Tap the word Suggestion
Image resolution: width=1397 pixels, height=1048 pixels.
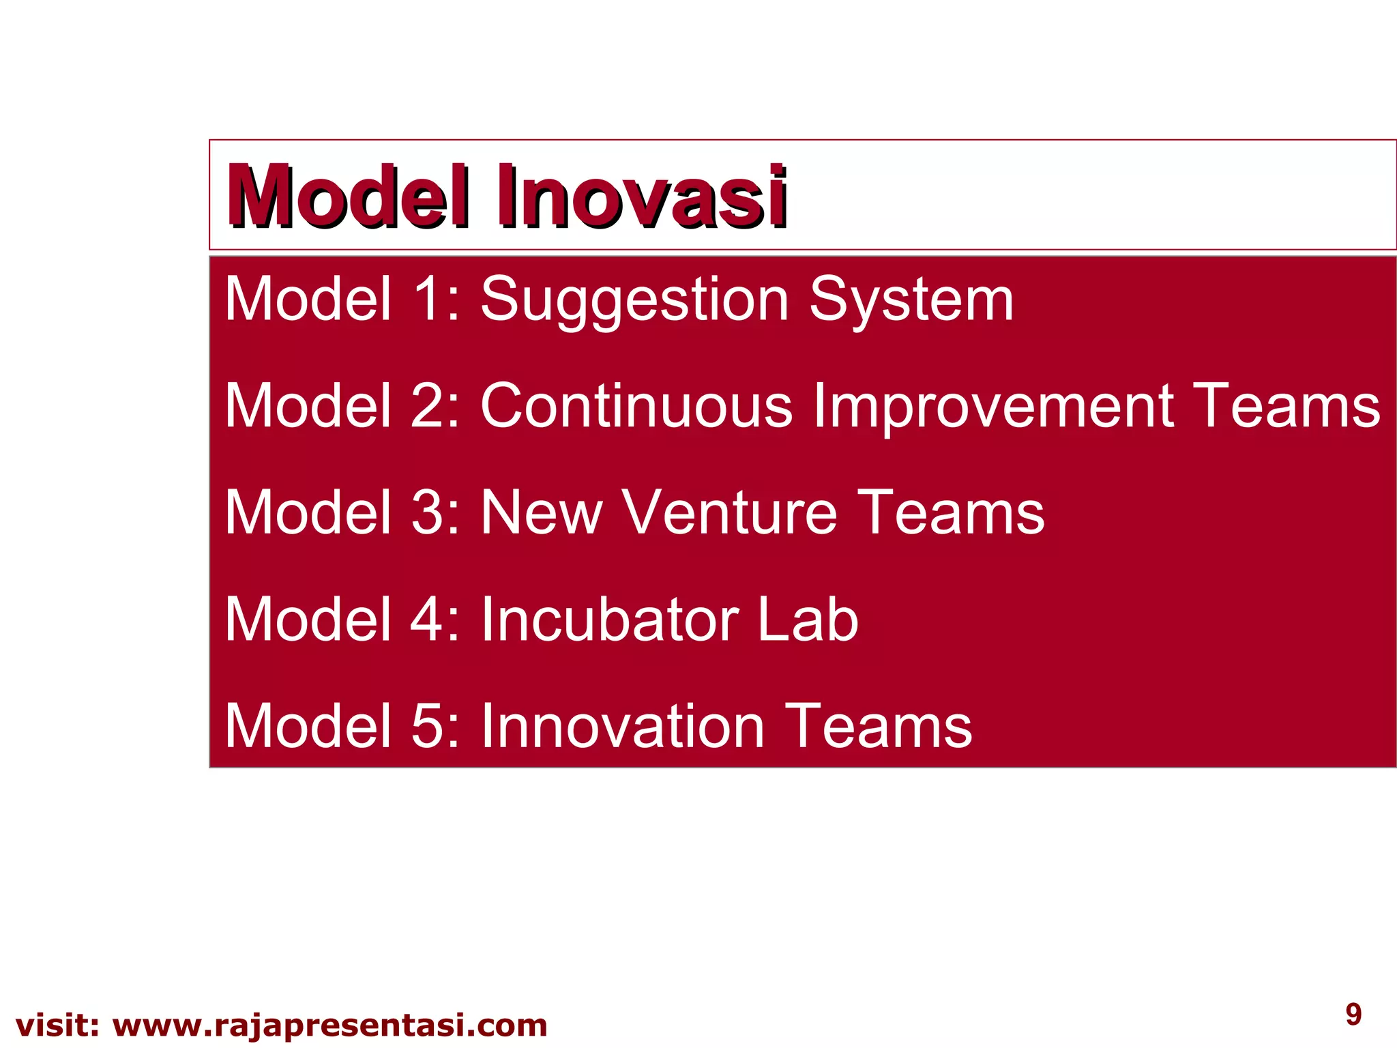pos(634,300)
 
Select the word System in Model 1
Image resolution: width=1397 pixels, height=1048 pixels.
pos(911,300)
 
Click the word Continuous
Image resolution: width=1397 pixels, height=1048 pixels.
pos(636,406)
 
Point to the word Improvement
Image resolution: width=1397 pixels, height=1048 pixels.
pos(992,406)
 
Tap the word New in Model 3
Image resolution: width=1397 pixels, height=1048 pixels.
pos(542,512)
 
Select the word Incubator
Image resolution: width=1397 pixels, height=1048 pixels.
pos(609,619)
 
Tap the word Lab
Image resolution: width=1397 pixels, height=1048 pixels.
pos(808,619)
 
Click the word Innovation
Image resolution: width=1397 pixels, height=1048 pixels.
pos(622,726)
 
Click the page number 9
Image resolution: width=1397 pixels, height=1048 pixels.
pos(1353,1014)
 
